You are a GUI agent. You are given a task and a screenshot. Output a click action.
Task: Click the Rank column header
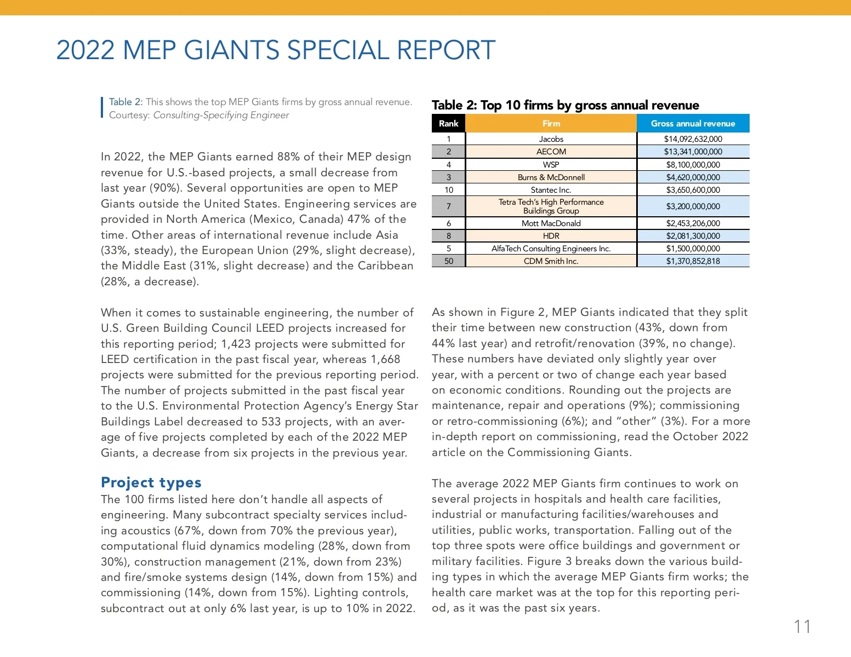448,124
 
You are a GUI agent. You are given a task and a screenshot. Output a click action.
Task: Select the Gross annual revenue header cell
693,124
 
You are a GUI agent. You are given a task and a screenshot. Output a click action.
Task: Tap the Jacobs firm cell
551,139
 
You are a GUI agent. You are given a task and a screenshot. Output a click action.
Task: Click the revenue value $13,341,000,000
693,152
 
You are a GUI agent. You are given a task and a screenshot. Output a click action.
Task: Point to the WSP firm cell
551,165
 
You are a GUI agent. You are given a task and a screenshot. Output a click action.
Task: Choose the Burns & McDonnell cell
551,177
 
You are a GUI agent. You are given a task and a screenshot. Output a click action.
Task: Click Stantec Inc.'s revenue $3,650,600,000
693,190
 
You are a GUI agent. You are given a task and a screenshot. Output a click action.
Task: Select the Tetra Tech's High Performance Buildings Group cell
551,206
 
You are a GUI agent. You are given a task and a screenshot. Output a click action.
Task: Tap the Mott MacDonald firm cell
551,223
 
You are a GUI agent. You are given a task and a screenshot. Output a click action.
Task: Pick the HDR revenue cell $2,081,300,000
693,236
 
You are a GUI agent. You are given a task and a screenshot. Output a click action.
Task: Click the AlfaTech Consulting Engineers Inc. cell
551,249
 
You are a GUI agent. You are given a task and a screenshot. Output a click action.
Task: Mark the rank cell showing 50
448,261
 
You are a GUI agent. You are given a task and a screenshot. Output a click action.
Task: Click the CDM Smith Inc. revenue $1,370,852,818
693,261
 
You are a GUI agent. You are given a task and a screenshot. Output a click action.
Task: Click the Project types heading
151,482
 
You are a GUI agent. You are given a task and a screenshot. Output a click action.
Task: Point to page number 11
802,626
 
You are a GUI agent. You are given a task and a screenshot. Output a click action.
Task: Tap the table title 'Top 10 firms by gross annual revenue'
590,105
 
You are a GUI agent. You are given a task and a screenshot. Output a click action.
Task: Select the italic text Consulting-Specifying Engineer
221,115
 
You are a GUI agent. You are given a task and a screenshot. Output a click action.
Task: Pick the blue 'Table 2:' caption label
125,102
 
